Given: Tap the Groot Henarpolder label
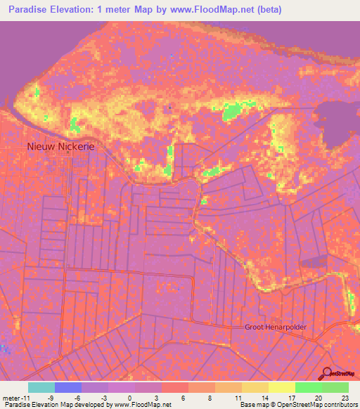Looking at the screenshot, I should point(276,327).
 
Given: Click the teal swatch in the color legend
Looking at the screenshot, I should point(41,387).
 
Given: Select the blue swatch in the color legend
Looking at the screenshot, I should point(68,387).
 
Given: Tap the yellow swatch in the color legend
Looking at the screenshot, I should point(281,387).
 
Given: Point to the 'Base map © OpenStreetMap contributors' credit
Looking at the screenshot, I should point(298,405).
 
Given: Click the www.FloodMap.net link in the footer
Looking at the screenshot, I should point(143,405).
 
